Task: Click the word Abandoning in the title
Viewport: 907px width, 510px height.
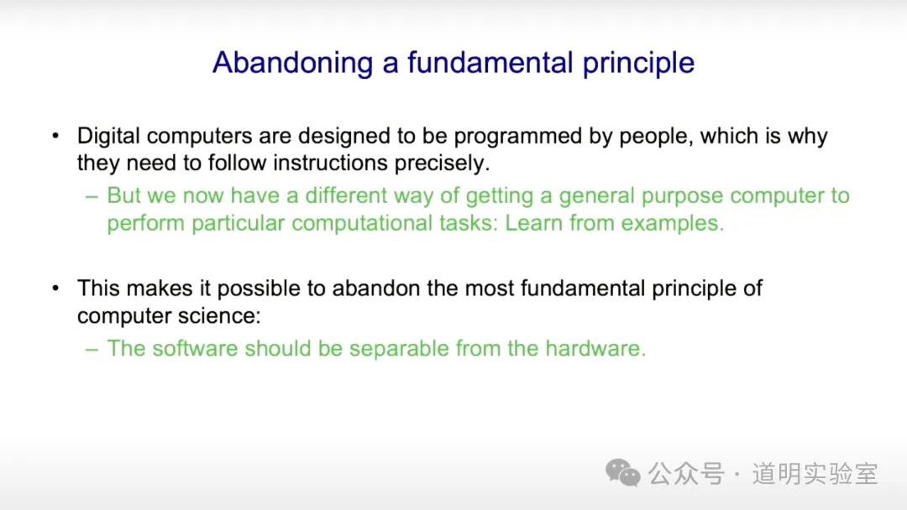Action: [x=293, y=63]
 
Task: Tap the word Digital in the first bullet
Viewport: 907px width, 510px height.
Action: [x=108, y=137]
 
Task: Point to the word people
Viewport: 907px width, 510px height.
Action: [x=656, y=138]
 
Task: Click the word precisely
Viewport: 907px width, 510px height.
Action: [x=442, y=164]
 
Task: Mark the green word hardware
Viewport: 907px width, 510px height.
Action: [x=595, y=348]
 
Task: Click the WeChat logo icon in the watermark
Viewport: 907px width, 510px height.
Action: [x=623, y=472]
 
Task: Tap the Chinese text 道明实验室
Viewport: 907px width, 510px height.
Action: [x=815, y=474]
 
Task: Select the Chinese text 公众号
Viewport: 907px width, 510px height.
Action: [x=686, y=474]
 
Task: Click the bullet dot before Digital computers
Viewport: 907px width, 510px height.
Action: [x=55, y=137]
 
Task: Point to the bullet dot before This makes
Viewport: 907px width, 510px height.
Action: [x=55, y=289]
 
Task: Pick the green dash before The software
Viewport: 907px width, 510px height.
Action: [x=92, y=350]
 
